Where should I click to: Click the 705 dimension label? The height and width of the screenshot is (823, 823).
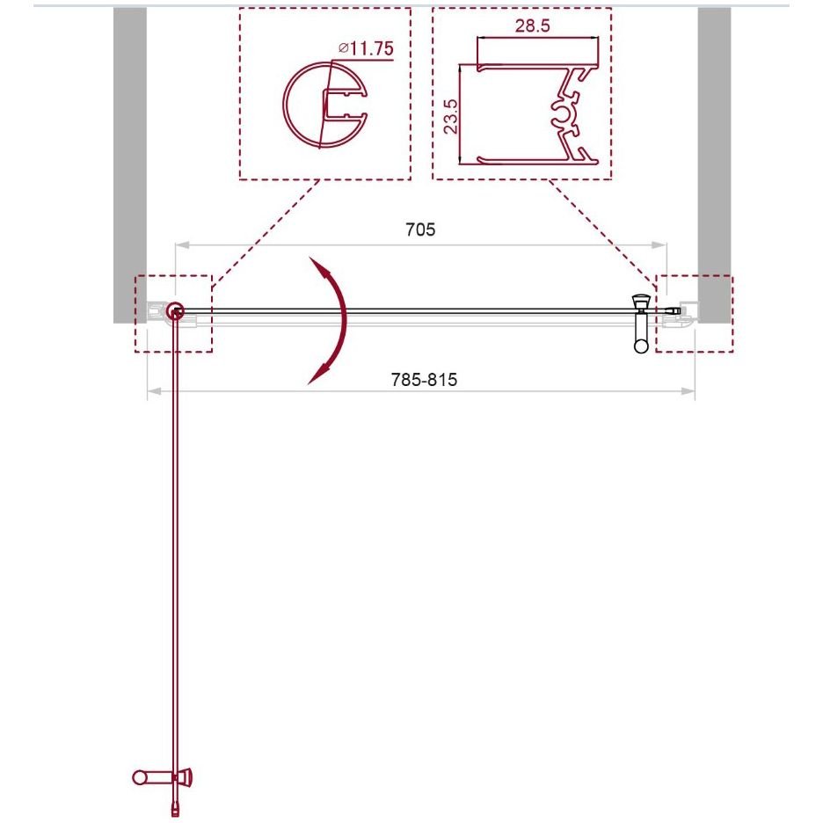(x=420, y=229)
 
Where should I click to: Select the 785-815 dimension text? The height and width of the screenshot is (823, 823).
(x=424, y=379)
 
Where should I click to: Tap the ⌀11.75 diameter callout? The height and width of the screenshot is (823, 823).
(x=366, y=48)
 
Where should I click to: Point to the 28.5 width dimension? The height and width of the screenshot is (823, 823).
(x=532, y=25)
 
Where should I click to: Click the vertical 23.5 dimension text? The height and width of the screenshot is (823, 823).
(x=451, y=116)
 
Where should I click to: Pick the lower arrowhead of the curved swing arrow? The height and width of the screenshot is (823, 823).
(x=317, y=374)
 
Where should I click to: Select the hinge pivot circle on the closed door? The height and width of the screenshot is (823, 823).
(x=175, y=312)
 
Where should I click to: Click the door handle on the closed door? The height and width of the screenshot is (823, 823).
(x=641, y=324)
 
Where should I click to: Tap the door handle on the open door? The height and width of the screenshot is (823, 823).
(x=162, y=776)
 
